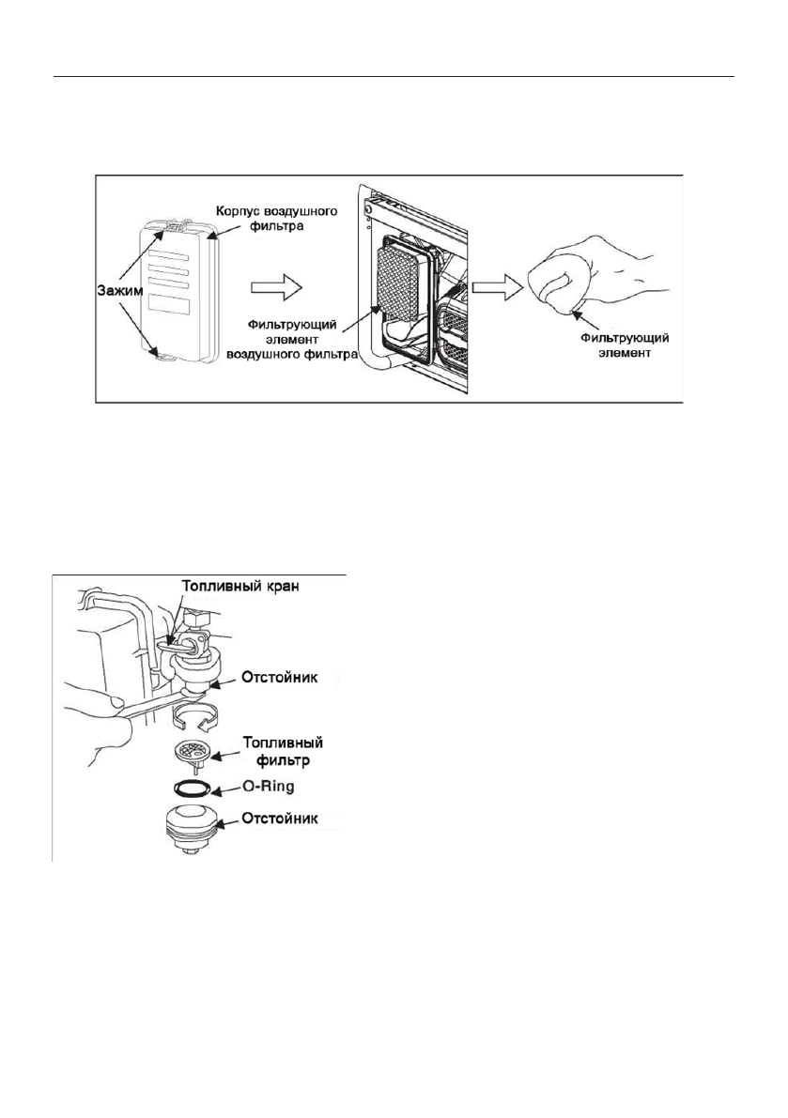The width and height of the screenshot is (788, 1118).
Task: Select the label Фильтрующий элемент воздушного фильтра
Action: (286, 337)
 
